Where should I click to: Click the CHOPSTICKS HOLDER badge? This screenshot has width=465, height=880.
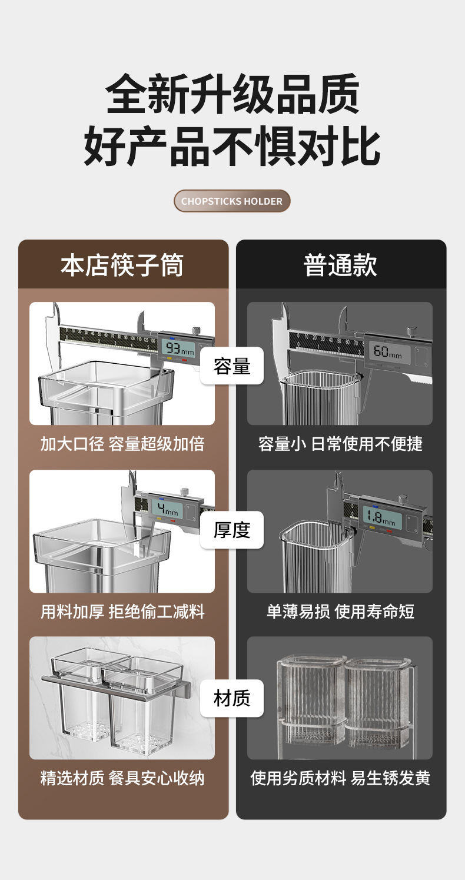232,201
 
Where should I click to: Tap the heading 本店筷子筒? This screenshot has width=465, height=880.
122,265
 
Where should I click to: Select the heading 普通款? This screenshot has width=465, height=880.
340,265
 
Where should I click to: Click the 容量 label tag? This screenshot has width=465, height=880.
232,366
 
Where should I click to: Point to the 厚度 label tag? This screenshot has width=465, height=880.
232,530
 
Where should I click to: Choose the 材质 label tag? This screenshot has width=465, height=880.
232,698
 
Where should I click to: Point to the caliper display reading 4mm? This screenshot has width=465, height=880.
167,510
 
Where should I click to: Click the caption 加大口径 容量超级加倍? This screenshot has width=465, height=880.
122,444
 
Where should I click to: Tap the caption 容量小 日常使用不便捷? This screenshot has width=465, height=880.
340,444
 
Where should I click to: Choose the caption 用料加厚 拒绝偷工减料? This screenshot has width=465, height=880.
122,612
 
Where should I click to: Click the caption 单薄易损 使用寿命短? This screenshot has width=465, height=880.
340,612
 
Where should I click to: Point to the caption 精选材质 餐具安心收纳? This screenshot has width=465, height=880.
122,778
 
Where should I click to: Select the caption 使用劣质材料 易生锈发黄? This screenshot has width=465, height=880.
340,778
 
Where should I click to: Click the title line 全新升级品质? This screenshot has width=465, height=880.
232,94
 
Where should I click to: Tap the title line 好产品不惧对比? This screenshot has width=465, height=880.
232,147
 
